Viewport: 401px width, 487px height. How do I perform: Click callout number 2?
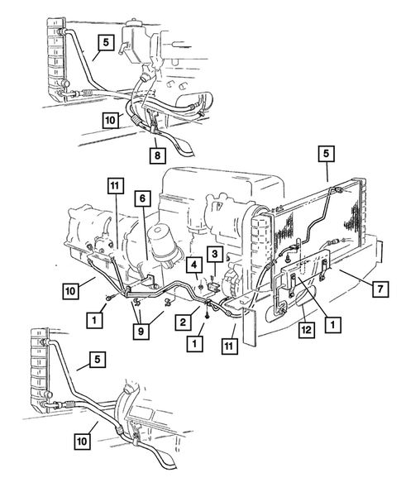click(x=183, y=322)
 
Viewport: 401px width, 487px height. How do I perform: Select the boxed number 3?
click(x=215, y=254)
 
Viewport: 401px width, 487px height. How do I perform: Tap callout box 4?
click(x=194, y=265)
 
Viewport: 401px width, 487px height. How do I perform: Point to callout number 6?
click(x=142, y=198)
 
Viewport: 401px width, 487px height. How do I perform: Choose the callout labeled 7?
click(x=380, y=289)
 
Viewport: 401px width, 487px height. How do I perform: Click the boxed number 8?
click(x=157, y=155)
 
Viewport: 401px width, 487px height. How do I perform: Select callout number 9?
click(x=141, y=332)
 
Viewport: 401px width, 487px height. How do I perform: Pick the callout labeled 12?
click(x=306, y=330)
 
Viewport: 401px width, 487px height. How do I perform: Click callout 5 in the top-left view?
click(x=106, y=42)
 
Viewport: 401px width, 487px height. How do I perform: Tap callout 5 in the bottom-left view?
click(x=98, y=360)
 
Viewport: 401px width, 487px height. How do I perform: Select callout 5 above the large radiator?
click(x=326, y=154)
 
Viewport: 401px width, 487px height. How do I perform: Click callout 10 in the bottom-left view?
click(x=83, y=441)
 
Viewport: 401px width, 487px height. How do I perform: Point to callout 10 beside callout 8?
click(x=111, y=120)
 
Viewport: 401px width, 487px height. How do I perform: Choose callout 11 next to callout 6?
click(x=115, y=186)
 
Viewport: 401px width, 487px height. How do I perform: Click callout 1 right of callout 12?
click(x=333, y=325)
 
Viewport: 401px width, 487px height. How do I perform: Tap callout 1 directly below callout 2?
click(x=195, y=344)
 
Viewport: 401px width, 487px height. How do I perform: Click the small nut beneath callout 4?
click(x=201, y=287)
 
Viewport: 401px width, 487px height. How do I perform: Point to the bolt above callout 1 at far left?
click(x=109, y=298)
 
